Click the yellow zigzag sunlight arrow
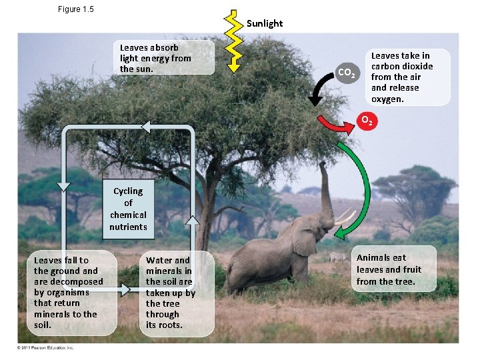[x=233, y=40]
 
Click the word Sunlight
[x=265, y=23]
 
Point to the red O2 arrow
[x=337, y=124]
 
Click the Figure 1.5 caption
[x=76, y=9]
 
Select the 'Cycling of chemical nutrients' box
[x=128, y=208]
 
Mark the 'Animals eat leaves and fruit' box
[x=394, y=269]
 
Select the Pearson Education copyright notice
[x=45, y=348]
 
